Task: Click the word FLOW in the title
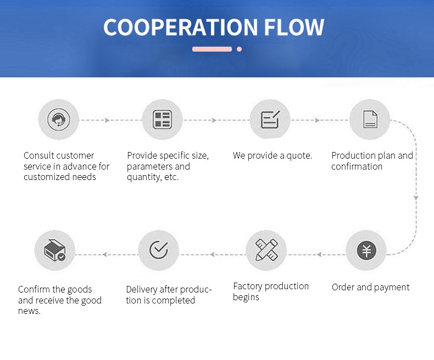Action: click(297, 27)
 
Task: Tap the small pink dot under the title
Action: click(239, 49)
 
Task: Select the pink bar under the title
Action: click(212, 49)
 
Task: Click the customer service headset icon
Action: click(58, 120)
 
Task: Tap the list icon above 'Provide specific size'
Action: click(162, 120)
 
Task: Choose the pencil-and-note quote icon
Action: click(270, 120)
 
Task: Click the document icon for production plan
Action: click(370, 120)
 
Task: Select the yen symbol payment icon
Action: click(366, 251)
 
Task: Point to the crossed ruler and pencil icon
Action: click(266, 250)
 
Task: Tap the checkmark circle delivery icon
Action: click(159, 250)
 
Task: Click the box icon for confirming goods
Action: click(54, 250)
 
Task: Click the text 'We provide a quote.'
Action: click(272, 156)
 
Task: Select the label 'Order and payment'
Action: click(371, 287)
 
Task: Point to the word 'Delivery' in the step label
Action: click(142, 290)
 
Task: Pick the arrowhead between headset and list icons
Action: click(107, 120)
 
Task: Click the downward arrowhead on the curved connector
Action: click(416, 196)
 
